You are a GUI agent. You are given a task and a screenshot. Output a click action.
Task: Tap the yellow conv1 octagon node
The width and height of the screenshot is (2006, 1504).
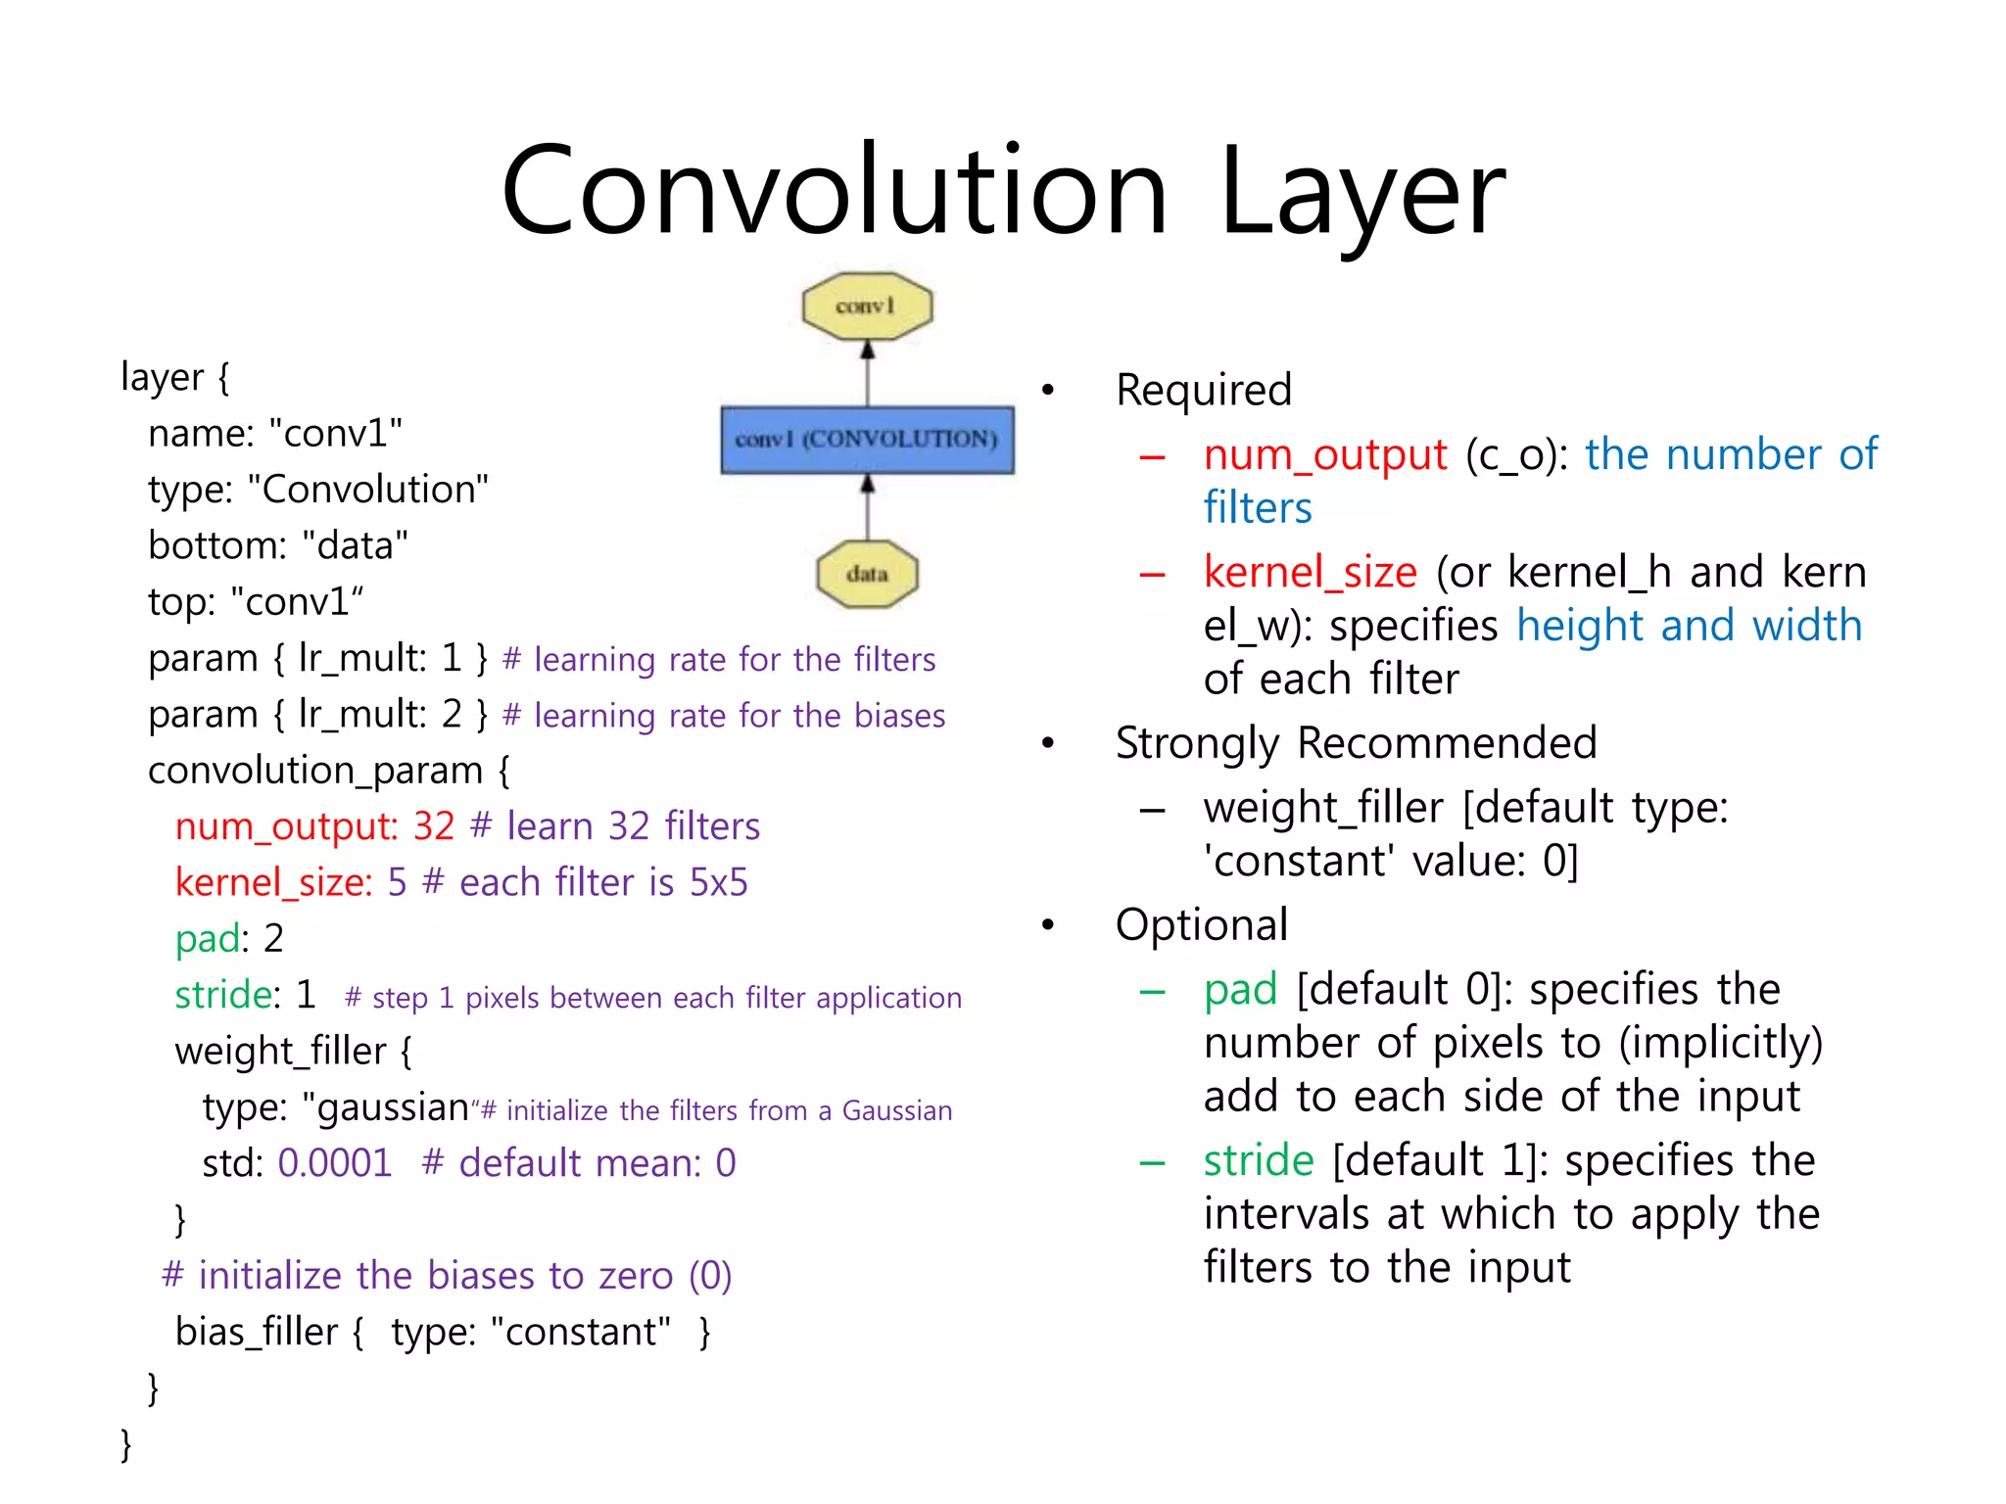pyautogui.click(x=867, y=306)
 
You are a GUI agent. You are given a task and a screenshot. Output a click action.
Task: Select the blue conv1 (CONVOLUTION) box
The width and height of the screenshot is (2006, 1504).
pyautogui.click(x=867, y=440)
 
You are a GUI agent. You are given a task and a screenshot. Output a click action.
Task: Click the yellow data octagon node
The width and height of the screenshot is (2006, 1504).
pyautogui.click(x=867, y=574)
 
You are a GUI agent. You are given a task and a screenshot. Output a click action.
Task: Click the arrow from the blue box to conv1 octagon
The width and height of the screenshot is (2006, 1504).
pyautogui.click(x=867, y=373)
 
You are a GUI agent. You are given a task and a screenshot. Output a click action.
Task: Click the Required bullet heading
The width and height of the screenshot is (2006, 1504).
pyautogui.click(x=1204, y=390)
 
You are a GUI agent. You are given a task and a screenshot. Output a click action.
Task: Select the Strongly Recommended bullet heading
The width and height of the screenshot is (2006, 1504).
pyautogui.click(x=1356, y=743)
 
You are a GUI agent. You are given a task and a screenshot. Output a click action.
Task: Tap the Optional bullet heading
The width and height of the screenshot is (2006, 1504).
pyautogui.click(x=1202, y=924)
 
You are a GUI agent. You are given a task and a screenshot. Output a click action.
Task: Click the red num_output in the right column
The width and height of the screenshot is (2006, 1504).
pyautogui.click(x=1324, y=454)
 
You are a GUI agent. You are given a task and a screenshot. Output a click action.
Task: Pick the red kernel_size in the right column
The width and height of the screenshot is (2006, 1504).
pyautogui.click(x=1310, y=572)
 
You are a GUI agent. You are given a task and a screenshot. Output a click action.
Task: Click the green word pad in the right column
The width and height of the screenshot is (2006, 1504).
pyautogui.click(x=1240, y=989)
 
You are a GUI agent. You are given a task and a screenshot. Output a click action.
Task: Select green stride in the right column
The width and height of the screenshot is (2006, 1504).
pyautogui.click(x=1258, y=1160)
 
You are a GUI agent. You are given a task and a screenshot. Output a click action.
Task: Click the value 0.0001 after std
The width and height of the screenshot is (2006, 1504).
pyautogui.click(x=335, y=1163)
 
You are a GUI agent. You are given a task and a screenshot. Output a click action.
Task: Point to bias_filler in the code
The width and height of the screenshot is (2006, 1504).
pyautogui.click(x=256, y=1332)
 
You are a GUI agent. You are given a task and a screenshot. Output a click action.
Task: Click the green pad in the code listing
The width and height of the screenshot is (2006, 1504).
pyautogui.click(x=207, y=939)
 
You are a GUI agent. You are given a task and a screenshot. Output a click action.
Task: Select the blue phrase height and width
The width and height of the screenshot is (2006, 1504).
pyautogui.click(x=1689, y=626)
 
